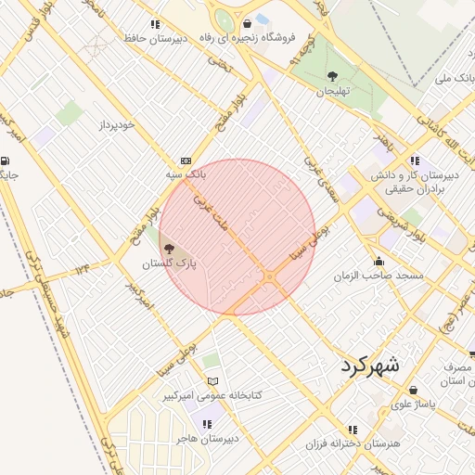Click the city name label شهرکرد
click(368, 364)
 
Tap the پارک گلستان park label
click(169, 264)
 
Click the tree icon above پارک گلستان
click(168, 249)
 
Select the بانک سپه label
click(185, 174)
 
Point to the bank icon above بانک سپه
click(186, 160)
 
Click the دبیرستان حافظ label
click(155, 39)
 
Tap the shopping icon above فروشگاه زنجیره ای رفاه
click(247, 24)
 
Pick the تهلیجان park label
click(331, 91)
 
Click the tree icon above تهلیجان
click(332, 76)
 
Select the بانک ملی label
click(455, 78)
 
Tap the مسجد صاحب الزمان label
click(379, 276)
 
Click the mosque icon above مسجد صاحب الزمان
click(379, 261)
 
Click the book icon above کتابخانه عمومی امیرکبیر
click(213, 381)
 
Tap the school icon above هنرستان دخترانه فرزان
click(352, 430)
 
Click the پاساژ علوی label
click(413, 404)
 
